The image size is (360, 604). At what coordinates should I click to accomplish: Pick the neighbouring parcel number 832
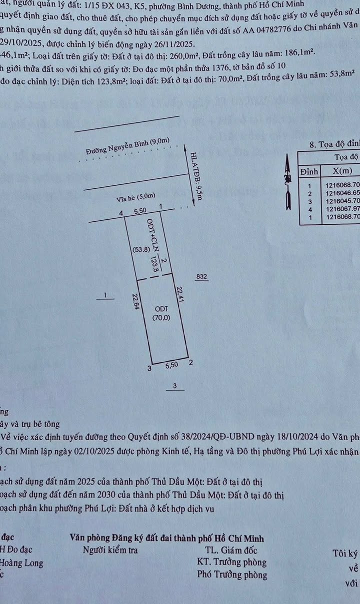coord(201,276)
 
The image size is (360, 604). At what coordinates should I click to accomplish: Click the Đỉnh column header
coord(309,171)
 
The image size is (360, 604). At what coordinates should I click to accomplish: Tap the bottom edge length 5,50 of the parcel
coord(171,366)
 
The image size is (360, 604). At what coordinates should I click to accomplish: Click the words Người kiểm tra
coord(110,550)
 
